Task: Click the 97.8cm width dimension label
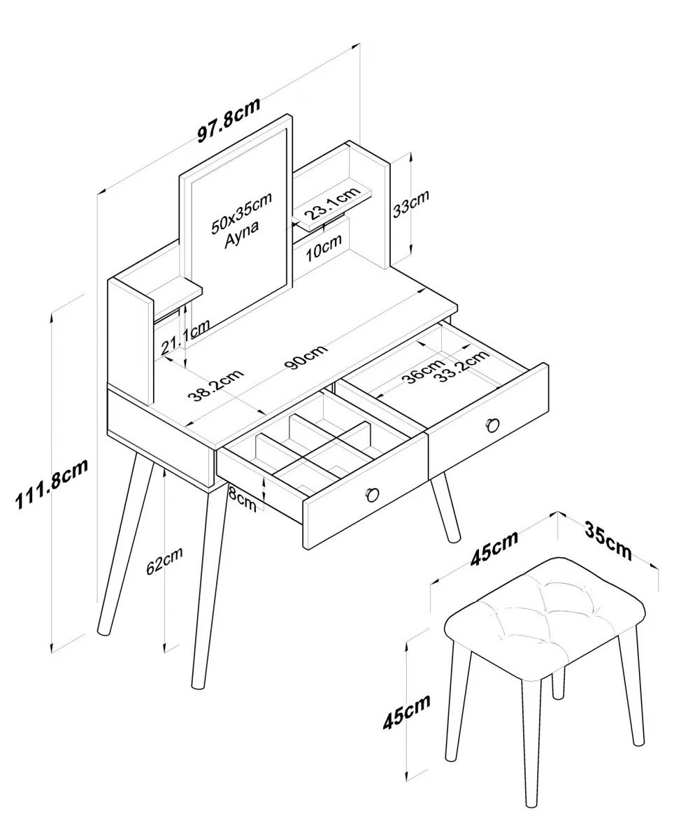pos(229,120)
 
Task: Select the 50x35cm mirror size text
pos(241,213)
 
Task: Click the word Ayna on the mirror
pos(241,235)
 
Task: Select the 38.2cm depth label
pos(216,386)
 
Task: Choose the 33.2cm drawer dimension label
pos(464,366)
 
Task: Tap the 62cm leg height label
pos(164,561)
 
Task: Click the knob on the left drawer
pos(373,494)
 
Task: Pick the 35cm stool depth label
pos(608,541)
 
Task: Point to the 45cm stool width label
pos(494,548)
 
